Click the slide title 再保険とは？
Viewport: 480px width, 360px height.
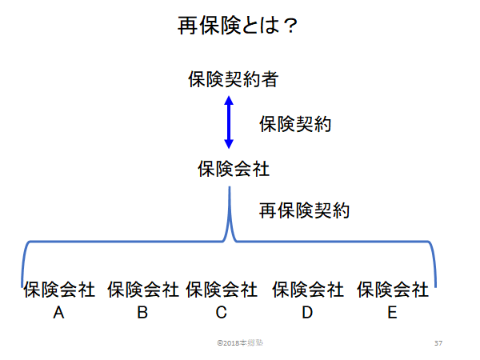(238, 26)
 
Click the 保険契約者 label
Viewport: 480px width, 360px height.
(234, 79)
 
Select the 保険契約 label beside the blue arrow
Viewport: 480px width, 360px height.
(295, 124)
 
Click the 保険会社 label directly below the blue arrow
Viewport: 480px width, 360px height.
(234, 169)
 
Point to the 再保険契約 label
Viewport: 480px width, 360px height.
(304, 210)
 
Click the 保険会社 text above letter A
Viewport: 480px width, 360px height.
(59, 290)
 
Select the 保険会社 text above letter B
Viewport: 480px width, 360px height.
(143, 290)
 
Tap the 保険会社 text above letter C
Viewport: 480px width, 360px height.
(222, 290)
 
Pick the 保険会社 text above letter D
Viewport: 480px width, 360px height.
(308, 290)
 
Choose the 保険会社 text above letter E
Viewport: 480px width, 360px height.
(393, 290)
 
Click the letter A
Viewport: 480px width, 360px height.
(58, 313)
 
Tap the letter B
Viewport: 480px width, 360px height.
(142, 313)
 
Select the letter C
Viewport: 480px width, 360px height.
(222, 313)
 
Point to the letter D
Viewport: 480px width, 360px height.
(307, 313)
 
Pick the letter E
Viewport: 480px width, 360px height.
(393, 313)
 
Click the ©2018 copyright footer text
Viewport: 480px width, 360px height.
(240, 343)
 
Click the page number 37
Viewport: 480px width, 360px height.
(438, 343)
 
